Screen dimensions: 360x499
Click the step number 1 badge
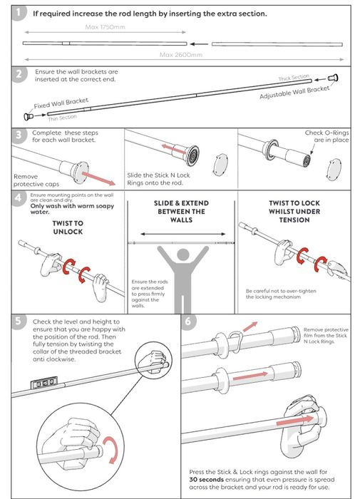[x=18, y=13]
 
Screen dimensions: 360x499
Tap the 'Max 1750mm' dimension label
[x=105, y=27]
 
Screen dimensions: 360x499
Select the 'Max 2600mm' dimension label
[x=181, y=55]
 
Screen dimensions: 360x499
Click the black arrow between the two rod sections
[x=199, y=44]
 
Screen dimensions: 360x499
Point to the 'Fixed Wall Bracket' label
[x=61, y=103]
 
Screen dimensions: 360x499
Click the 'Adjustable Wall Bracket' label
[x=294, y=92]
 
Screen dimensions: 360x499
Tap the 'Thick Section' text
[x=294, y=77]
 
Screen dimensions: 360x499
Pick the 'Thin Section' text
[x=63, y=118]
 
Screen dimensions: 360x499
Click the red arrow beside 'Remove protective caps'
[x=98, y=178]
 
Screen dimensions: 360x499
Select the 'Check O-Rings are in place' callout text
[x=327, y=136]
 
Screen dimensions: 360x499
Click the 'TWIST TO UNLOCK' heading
[x=68, y=227]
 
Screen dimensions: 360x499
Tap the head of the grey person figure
[x=182, y=254]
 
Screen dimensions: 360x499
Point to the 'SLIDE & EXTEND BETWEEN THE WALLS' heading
[x=182, y=211]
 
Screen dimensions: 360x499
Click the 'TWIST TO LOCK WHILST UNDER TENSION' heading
[x=294, y=211]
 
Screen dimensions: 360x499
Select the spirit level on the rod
[x=44, y=383]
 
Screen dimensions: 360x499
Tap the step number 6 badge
[x=188, y=321]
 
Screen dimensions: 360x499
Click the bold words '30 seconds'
[x=206, y=479]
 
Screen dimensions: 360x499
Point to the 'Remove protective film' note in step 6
[x=326, y=336]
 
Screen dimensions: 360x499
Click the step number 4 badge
[x=18, y=197]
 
